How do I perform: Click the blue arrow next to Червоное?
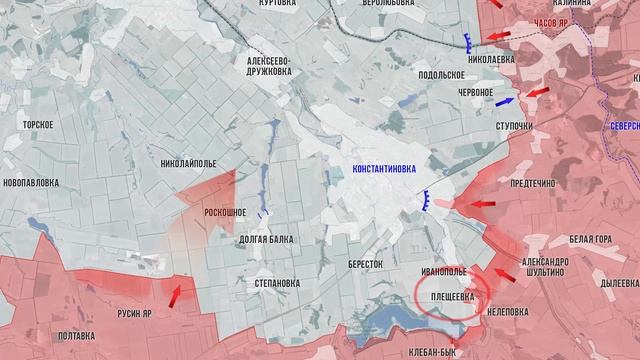click(505, 101)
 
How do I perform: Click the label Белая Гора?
click(589, 240)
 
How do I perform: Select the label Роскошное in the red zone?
click(225, 212)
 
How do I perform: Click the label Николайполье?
click(188, 162)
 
